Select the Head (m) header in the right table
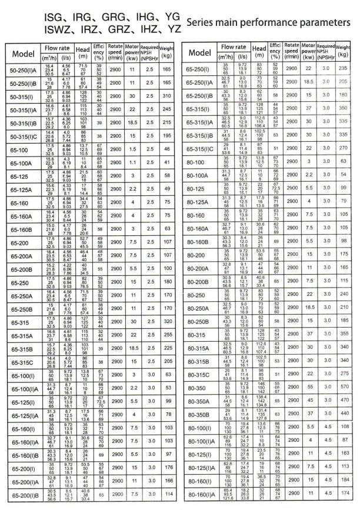[259, 53]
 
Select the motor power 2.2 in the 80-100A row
[307, 175]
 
